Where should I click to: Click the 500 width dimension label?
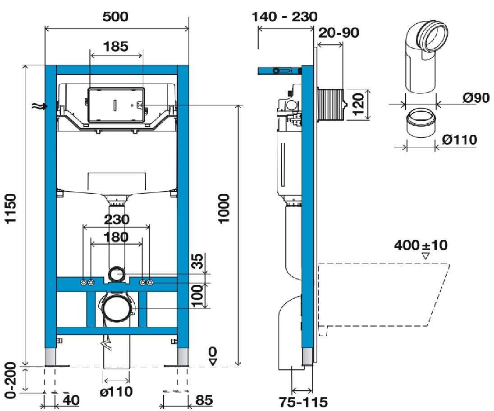(x=115, y=17)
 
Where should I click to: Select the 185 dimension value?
(x=116, y=46)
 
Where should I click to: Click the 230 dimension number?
(x=117, y=219)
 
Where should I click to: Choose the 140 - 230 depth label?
(x=284, y=17)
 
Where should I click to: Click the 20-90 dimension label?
(x=338, y=33)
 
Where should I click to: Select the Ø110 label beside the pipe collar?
(x=459, y=140)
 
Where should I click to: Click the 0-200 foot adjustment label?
(x=11, y=380)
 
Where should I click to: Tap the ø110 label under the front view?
(x=116, y=392)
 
